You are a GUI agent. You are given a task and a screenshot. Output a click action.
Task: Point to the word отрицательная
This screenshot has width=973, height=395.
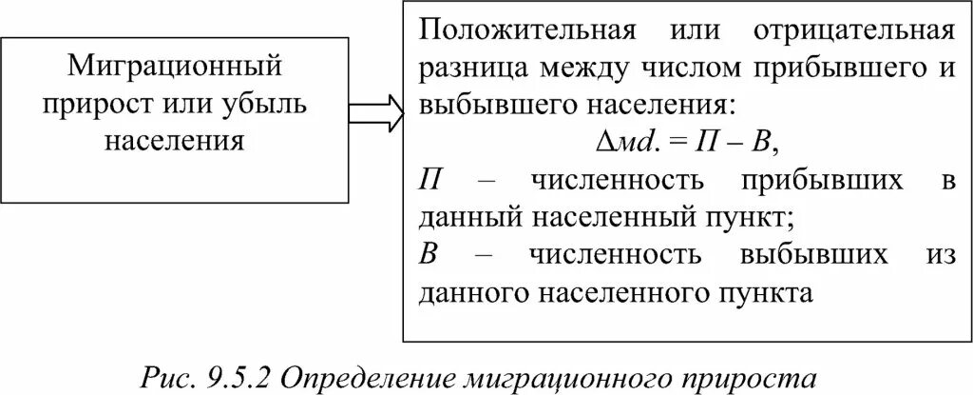[x=853, y=32]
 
